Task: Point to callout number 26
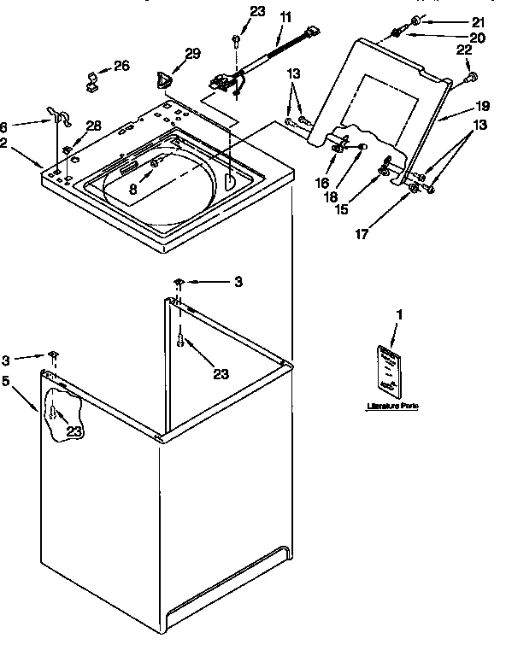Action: click(x=122, y=65)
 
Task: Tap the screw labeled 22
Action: click(x=470, y=79)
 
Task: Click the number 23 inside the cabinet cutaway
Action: click(x=74, y=431)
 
